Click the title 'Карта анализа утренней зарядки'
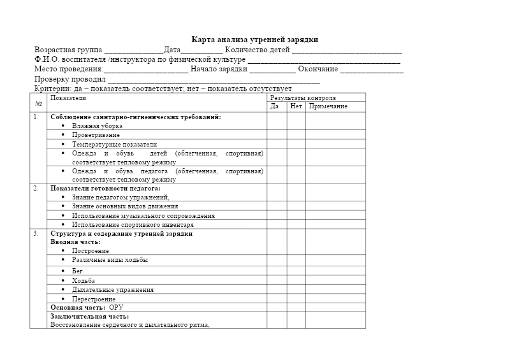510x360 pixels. [x=255, y=40]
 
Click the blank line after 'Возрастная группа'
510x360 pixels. [x=133, y=51]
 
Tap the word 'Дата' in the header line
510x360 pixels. [x=172, y=50]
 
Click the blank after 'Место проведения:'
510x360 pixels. [x=146, y=70]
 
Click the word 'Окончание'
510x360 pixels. [x=317, y=69]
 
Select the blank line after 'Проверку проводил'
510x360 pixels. [x=214, y=80]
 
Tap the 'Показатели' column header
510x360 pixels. [x=68, y=98]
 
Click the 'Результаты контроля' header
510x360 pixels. [x=303, y=98]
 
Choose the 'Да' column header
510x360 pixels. [x=275, y=106]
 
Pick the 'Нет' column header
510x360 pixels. [x=296, y=106]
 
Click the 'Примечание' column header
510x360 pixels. [x=328, y=106]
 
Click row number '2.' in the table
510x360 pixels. [x=36, y=189]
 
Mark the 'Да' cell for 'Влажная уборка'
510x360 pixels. [x=277, y=126]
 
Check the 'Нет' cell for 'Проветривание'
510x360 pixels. [x=296, y=135]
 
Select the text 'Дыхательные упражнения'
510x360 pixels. [x=113, y=290]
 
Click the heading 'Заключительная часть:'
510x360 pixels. [x=89, y=317]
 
